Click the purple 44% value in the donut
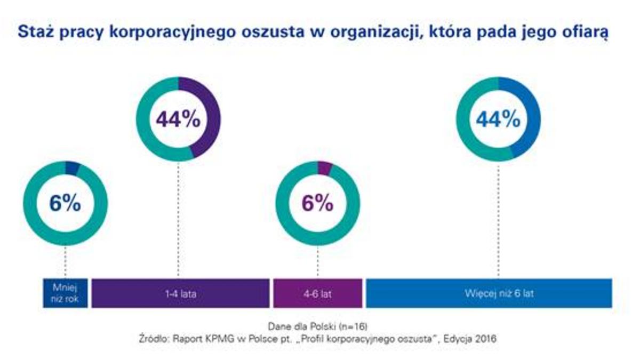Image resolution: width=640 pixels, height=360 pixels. (178, 119)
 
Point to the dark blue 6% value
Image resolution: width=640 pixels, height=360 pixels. (65, 204)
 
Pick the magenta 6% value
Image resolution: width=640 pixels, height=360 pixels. (317, 204)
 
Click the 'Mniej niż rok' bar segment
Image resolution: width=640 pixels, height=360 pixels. (66, 293)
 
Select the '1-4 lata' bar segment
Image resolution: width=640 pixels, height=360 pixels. (180, 293)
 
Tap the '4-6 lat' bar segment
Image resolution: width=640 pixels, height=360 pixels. (318, 293)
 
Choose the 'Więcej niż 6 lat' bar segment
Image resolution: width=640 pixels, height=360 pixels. (489, 293)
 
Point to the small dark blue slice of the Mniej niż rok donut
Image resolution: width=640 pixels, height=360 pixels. (72, 167)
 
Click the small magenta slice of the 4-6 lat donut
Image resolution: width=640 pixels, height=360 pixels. (324, 167)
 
